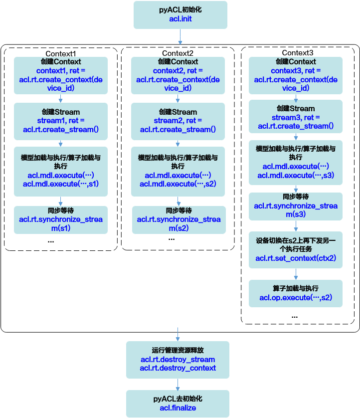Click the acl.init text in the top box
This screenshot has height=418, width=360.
pyautogui.click(x=180, y=19)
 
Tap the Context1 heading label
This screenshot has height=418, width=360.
pyautogui.click(x=61, y=53)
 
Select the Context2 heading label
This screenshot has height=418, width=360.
pyautogui.click(x=178, y=53)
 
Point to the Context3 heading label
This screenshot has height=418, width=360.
pyautogui.click(x=298, y=53)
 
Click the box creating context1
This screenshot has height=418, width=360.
pyautogui.click(x=61, y=75)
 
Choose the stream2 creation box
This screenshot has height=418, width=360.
pyautogui.click(x=178, y=121)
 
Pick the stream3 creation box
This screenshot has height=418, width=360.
pyautogui.click(x=296, y=117)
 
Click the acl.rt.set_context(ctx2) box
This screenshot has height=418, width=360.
pyautogui.click(x=296, y=250)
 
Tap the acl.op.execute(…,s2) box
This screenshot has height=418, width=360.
pyautogui.click(x=296, y=293)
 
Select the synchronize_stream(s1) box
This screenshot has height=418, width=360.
pyautogui.click(x=61, y=220)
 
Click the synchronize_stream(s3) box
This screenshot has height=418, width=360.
pyautogui.click(x=296, y=207)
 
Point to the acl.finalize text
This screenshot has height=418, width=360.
pyautogui.click(x=178, y=408)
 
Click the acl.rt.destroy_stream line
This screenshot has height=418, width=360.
pyautogui.click(x=178, y=359)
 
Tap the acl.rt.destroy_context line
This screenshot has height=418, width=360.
pyautogui.click(x=178, y=368)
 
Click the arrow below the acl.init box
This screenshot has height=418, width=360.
pyautogui.click(x=180, y=37)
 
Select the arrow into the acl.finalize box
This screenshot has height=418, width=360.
pyautogui.click(x=178, y=385)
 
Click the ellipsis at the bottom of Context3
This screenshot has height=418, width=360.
pyautogui.click(x=295, y=317)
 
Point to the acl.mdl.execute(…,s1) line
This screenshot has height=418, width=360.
pyautogui.click(x=61, y=184)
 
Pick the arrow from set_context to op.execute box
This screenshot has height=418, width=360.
pyautogui.click(x=296, y=274)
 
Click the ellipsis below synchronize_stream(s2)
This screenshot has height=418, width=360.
pyautogui.click(x=172, y=239)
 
